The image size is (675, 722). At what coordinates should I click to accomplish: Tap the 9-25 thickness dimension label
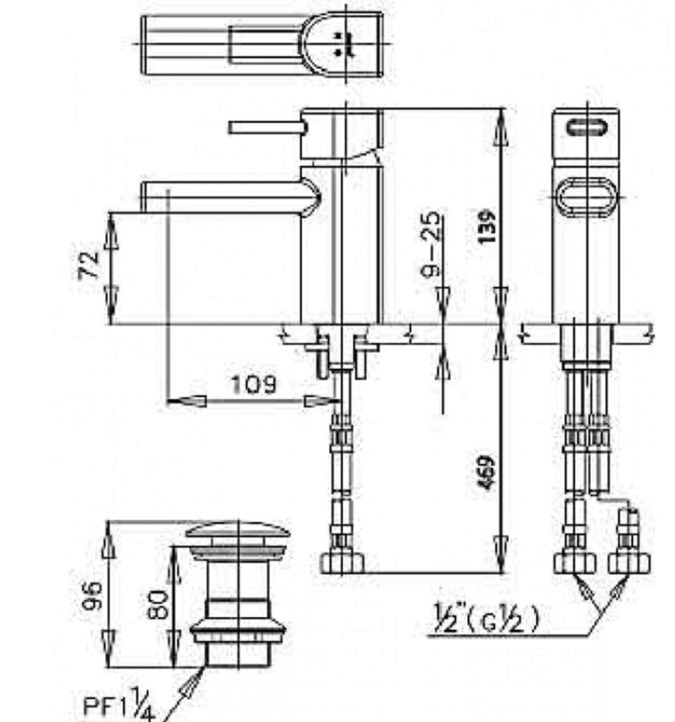[433, 244]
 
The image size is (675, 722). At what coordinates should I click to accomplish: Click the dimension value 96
[93, 595]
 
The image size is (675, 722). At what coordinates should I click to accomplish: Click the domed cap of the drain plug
[238, 531]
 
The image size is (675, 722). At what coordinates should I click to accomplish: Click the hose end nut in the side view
[342, 563]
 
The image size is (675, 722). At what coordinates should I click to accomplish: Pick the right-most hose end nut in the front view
[629, 563]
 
